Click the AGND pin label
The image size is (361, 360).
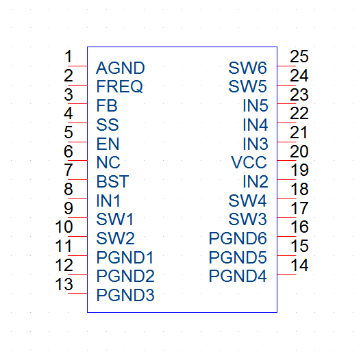pyautogui.click(x=121, y=68)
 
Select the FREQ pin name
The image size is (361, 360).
pyautogui.click(x=120, y=87)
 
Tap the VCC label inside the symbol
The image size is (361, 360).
pyautogui.click(x=249, y=162)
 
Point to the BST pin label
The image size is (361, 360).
pyautogui.click(x=112, y=181)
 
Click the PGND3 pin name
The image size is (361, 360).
pyautogui.click(x=125, y=295)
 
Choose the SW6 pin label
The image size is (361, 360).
pyautogui.click(x=248, y=68)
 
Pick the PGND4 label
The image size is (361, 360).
pyautogui.click(x=238, y=276)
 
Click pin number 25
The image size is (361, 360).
pyautogui.click(x=299, y=56)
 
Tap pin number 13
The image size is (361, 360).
pyautogui.click(x=64, y=284)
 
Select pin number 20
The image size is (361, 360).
pyautogui.click(x=299, y=151)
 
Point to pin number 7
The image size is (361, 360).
pyautogui.click(x=69, y=170)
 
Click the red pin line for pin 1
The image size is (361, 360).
pyautogui.click(x=77, y=66)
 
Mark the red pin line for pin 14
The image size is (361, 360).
pyautogui.click(x=286, y=274)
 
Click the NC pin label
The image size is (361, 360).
pyautogui.click(x=108, y=162)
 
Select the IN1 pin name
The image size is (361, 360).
pyautogui.click(x=108, y=201)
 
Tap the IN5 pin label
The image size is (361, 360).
pyautogui.click(x=256, y=106)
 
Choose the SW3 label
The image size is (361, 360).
pyautogui.click(x=248, y=219)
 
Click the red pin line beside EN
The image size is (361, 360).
pyautogui.click(x=77, y=142)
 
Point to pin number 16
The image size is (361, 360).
pyautogui.click(x=299, y=227)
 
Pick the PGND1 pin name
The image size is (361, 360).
pyautogui.click(x=125, y=257)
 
